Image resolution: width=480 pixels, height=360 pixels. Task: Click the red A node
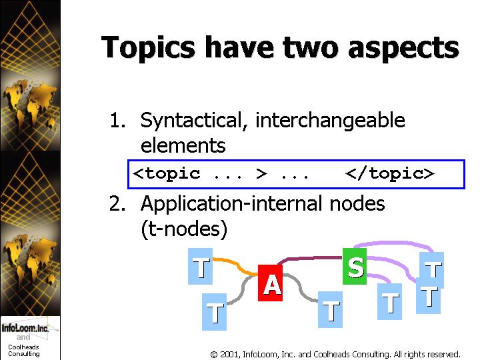point(270,283)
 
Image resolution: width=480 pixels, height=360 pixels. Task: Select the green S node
point(355,266)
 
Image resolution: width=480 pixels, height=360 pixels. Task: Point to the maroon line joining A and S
point(309,259)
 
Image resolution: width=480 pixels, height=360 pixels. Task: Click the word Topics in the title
point(148,47)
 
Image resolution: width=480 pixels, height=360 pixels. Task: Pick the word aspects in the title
point(403,49)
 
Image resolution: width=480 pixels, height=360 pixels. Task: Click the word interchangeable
point(330,120)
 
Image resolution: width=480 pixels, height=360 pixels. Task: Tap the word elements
point(183,145)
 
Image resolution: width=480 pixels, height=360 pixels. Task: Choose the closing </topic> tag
point(390,173)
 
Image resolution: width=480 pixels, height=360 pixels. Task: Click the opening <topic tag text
point(167,173)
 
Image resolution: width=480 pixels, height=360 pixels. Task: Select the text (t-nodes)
point(184,229)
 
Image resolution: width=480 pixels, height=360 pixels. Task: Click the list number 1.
point(117,120)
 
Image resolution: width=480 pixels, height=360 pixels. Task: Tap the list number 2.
point(117,203)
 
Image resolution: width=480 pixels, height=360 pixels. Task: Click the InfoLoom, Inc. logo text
point(25,328)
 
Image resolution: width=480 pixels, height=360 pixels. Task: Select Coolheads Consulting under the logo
point(23,350)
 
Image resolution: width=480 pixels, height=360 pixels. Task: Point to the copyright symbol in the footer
point(214,355)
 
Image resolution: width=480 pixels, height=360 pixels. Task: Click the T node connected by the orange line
point(200,266)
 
